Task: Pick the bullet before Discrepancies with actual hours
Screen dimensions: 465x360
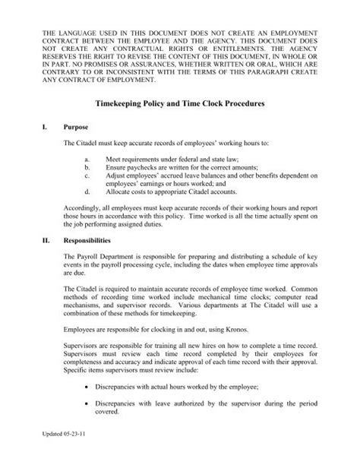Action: click(90, 386)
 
